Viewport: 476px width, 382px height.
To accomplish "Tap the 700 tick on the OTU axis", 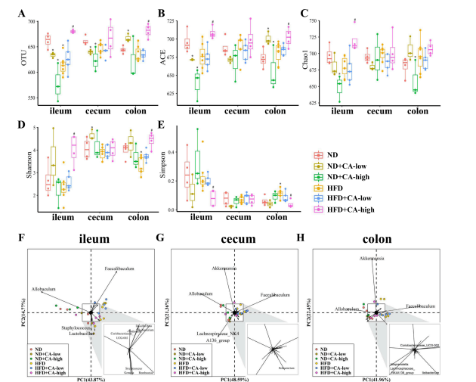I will click(x=35, y=21).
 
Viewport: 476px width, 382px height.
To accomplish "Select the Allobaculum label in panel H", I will click(x=337, y=308).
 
